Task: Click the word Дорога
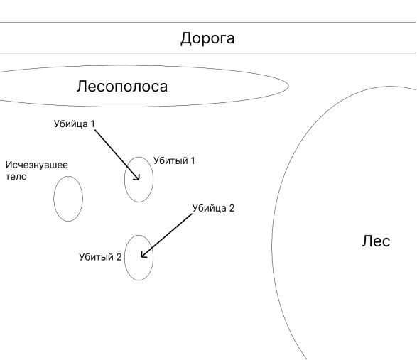point(207,38)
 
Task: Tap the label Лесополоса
point(122,87)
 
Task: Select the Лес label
point(376,241)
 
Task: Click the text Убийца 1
point(74,124)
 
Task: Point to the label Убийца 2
point(213,208)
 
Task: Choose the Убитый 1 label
point(174,160)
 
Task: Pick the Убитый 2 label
point(100,257)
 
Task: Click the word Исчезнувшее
point(37,165)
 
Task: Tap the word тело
point(16,177)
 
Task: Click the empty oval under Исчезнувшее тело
point(54,199)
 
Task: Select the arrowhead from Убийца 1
point(138,178)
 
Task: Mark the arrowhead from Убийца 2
point(143,256)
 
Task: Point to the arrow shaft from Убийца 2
point(166,236)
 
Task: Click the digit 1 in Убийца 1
point(92,124)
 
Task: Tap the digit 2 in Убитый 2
point(119,257)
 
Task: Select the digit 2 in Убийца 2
point(232,208)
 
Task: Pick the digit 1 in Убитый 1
point(193,160)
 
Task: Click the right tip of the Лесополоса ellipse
point(289,86)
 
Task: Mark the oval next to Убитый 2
point(124,258)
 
